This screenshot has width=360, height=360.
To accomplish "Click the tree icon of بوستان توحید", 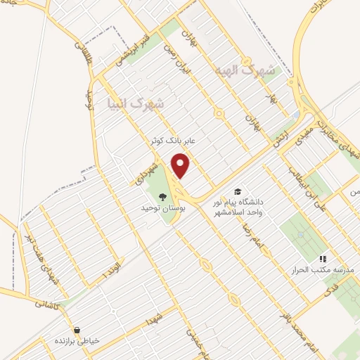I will pos(162,197).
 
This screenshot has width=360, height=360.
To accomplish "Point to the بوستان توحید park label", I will pos(162,209).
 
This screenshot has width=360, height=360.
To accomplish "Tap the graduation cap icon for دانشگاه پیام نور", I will pos(238,192).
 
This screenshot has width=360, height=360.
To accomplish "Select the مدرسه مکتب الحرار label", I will pos(323,271).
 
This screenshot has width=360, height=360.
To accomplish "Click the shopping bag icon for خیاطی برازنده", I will pos(76,328).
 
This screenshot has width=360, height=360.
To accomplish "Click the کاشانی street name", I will pos(49,304).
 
